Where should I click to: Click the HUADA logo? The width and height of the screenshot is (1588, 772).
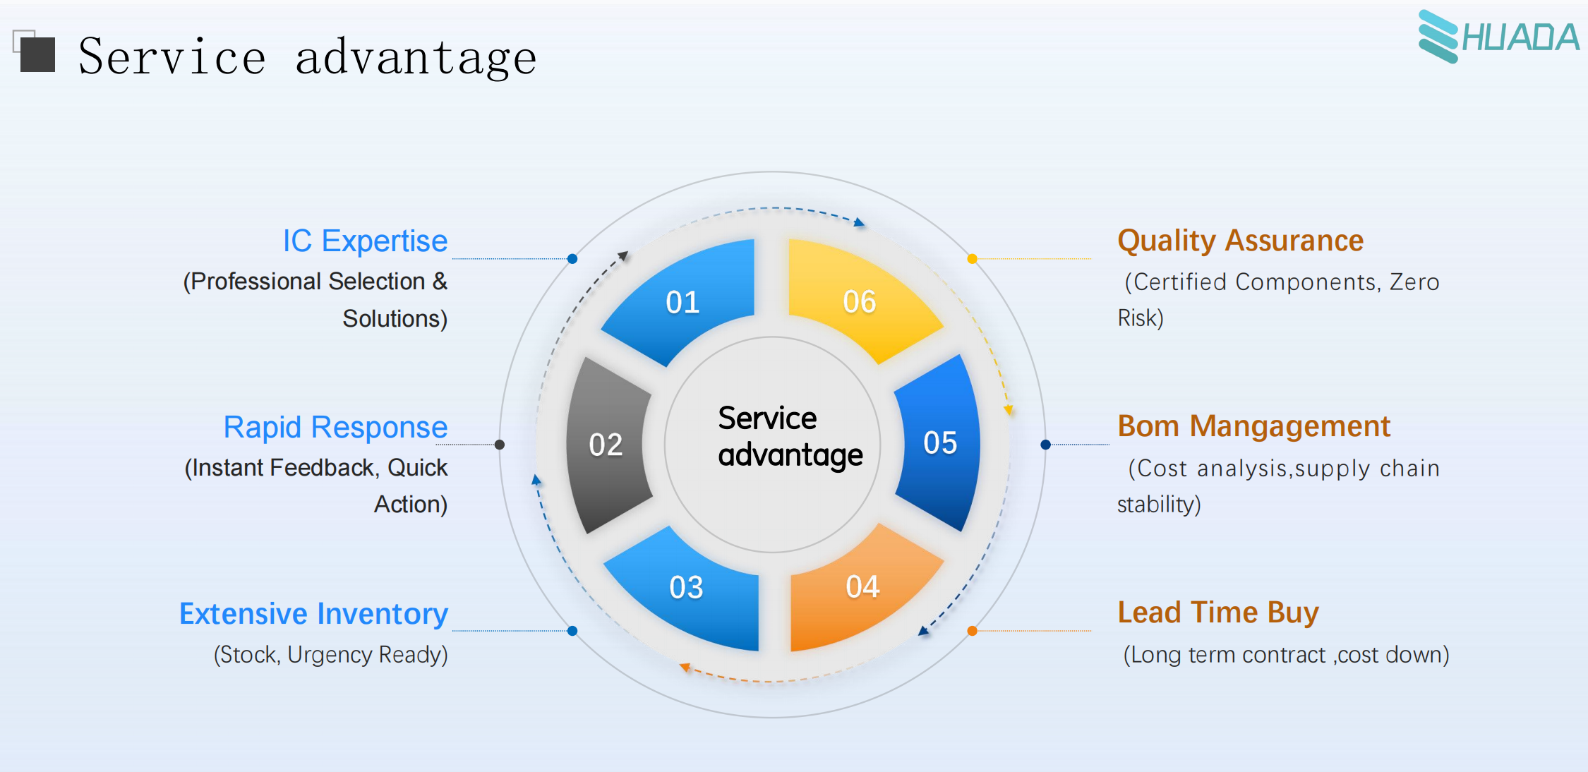pyautogui.click(x=1498, y=37)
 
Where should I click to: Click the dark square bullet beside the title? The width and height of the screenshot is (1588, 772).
pyautogui.click(x=37, y=54)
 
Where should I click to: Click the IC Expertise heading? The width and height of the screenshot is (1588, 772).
pyautogui.click(x=365, y=241)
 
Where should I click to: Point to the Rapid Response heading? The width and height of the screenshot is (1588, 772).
pyautogui.click(x=335, y=428)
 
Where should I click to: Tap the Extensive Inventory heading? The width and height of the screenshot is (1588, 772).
pyautogui.click(x=313, y=614)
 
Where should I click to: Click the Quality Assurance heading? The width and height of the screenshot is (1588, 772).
pyautogui.click(x=1240, y=241)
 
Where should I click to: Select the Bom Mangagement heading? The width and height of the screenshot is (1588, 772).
pyautogui.click(x=1253, y=427)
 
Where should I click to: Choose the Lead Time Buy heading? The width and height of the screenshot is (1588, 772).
pyautogui.click(x=1218, y=613)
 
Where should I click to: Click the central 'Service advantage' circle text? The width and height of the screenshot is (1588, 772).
pyautogui.click(x=790, y=437)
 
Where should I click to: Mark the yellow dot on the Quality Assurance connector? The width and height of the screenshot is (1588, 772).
pyautogui.click(x=972, y=259)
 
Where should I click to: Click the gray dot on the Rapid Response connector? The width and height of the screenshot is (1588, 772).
pyautogui.click(x=500, y=445)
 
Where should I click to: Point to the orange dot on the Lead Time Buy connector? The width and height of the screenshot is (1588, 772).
pyautogui.click(x=972, y=631)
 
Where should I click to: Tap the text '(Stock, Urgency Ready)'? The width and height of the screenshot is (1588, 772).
pyautogui.click(x=330, y=655)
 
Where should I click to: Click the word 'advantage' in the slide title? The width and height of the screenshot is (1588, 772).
pyautogui.click(x=416, y=58)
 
